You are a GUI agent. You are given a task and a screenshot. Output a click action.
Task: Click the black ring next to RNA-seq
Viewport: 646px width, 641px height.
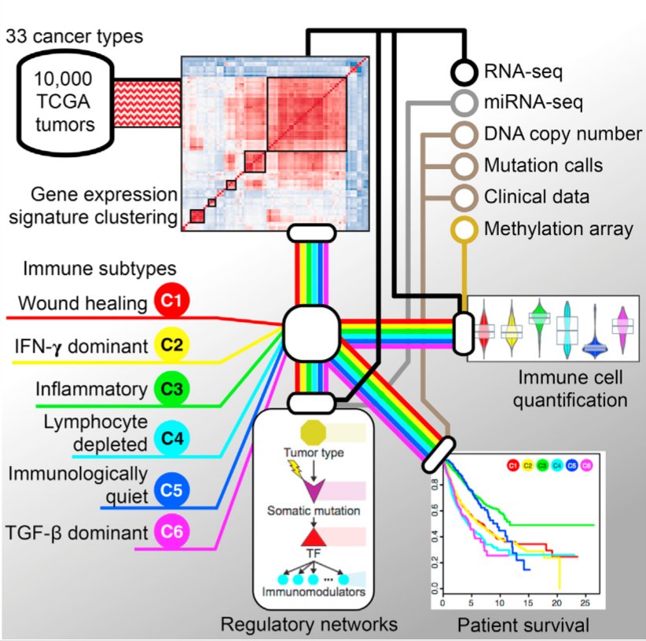click(464, 73)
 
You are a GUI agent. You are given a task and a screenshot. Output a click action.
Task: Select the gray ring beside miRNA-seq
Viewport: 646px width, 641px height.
click(464, 103)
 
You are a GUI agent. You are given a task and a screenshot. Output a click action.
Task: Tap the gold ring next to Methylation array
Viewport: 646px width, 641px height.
click(464, 229)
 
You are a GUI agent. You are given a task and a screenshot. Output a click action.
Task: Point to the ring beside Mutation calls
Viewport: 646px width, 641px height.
click(464, 166)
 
